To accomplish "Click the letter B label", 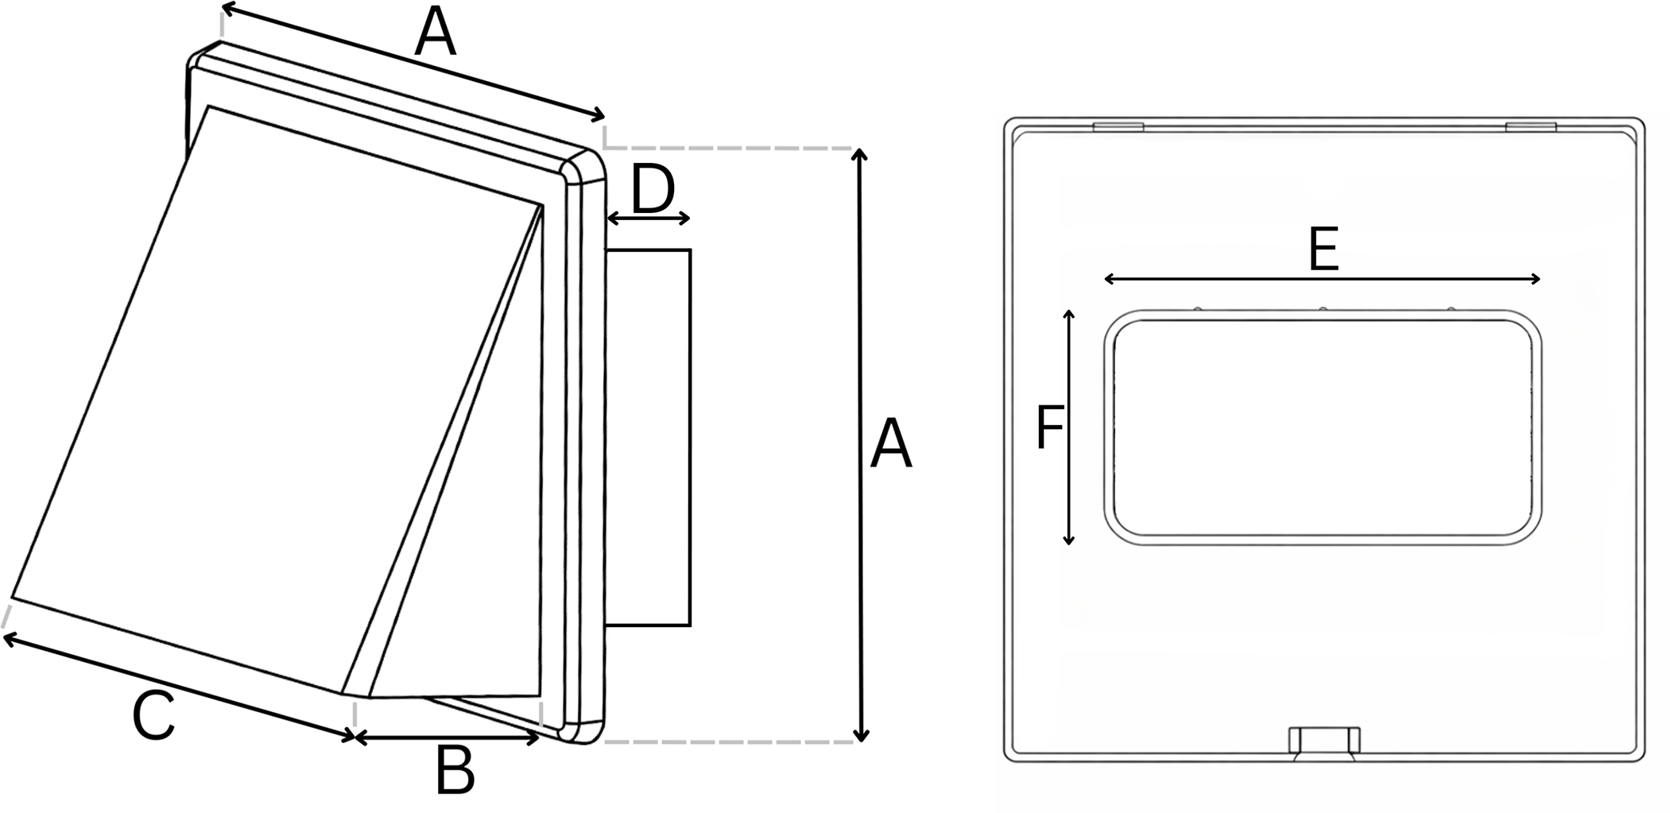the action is pos(455,770).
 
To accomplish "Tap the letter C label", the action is pos(153,718).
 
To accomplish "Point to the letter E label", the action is pos(1323,250).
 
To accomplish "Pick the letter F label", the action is pos(1050,428).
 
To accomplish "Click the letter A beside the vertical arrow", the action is pos(891,445).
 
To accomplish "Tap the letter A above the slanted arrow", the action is pos(436,33).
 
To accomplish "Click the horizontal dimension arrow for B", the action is pos(447,738).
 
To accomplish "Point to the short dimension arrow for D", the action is pos(649,219).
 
